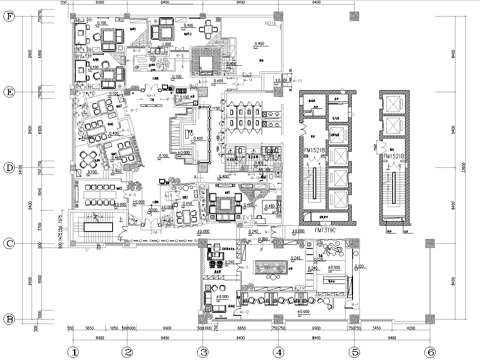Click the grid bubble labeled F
tap(9, 16)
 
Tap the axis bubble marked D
tap(9, 167)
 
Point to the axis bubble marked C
tap(9, 243)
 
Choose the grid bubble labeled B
tap(9, 319)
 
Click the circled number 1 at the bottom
tap(72, 351)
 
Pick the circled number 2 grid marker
tap(127, 351)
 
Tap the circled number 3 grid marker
tap(203, 351)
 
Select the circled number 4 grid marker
tap(277, 351)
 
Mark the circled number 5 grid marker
tap(354, 351)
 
